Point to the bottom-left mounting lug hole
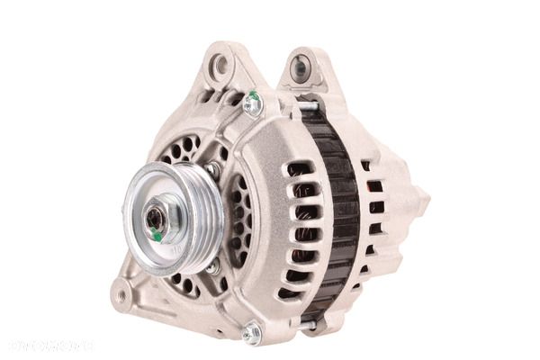point(121,292)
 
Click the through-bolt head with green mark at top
point(253,103)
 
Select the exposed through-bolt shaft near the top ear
point(306,105)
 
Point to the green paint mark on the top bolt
point(256,95)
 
